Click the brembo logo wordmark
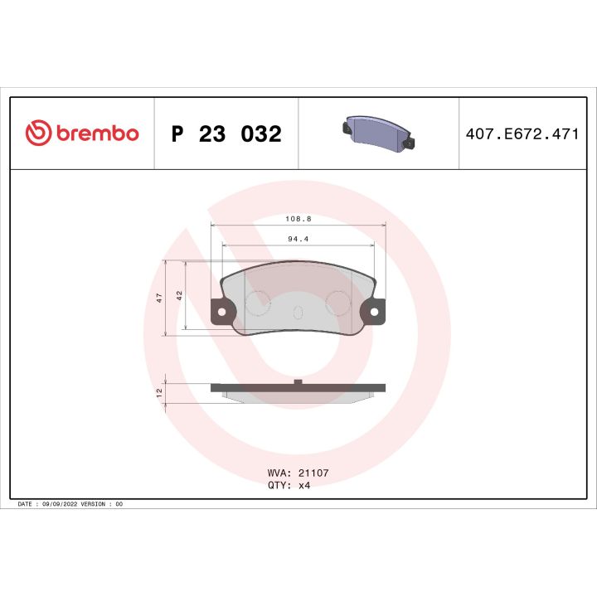point(96,133)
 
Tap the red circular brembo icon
point(38,133)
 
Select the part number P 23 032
point(226,134)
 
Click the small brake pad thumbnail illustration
point(378,133)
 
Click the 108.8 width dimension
point(298,220)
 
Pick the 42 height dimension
point(178,294)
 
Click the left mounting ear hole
point(222,312)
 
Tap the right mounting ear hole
point(374,312)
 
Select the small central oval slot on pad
point(298,312)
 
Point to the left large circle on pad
point(258,303)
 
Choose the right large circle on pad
point(338,303)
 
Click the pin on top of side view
point(298,381)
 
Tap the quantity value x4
point(304,485)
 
